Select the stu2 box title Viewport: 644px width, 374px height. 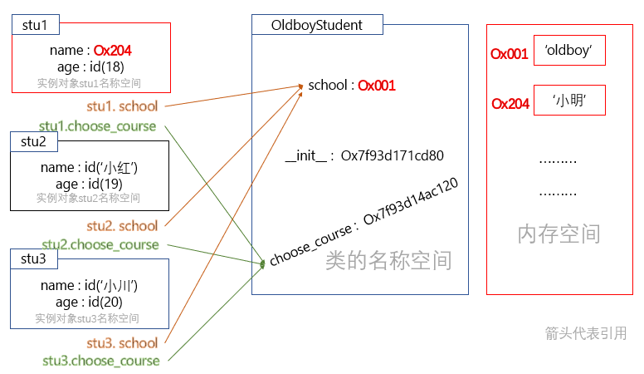pyautogui.click(x=34, y=141)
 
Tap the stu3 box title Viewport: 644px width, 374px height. pyautogui.click(x=34, y=258)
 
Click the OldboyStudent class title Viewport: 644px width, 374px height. pyautogui.click(x=316, y=25)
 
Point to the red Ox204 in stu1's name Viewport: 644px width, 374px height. pyautogui.click(x=113, y=51)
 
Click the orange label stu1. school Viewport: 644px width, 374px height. pyautogui.click(x=122, y=106)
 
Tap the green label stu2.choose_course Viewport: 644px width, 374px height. pyautogui.click(x=100, y=244)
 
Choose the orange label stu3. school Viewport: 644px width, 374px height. pyautogui.click(x=122, y=343)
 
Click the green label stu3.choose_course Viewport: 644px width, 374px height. pyautogui.click(x=101, y=361)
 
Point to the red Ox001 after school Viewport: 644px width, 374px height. pyautogui.click(x=377, y=86)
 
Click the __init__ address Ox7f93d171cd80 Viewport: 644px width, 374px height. pyautogui.click(x=393, y=155)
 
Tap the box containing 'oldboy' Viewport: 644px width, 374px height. pyautogui.click(x=568, y=52)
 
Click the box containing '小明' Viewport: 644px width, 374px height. pyautogui.click(x=568, y=101)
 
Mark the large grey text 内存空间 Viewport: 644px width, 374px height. pyautogui.click(x=559, y=234)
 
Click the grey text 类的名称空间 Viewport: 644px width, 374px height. pyautogui.click(x=388, y=260)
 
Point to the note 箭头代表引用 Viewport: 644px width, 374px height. pyautogui.click(x=585, y=333)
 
